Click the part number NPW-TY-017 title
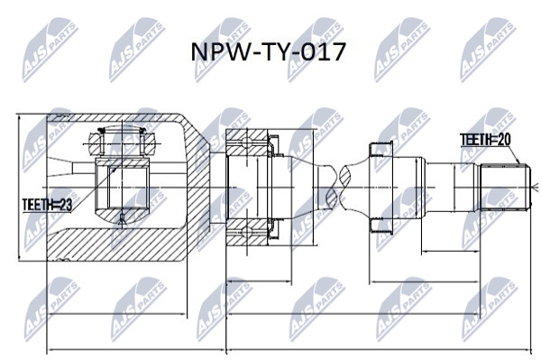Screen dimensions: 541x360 point(268,52)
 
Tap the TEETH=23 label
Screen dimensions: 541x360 point(47,205)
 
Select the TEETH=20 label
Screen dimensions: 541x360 point(485,140)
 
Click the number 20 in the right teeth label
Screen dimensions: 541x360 point(504,140)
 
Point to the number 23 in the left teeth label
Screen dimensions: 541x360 point(65,205)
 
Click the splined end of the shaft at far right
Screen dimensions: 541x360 point(505,188)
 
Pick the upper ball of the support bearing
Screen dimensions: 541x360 point(247,142)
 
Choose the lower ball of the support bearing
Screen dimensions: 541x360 point(247,232)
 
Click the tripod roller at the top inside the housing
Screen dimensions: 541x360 point(122,143)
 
